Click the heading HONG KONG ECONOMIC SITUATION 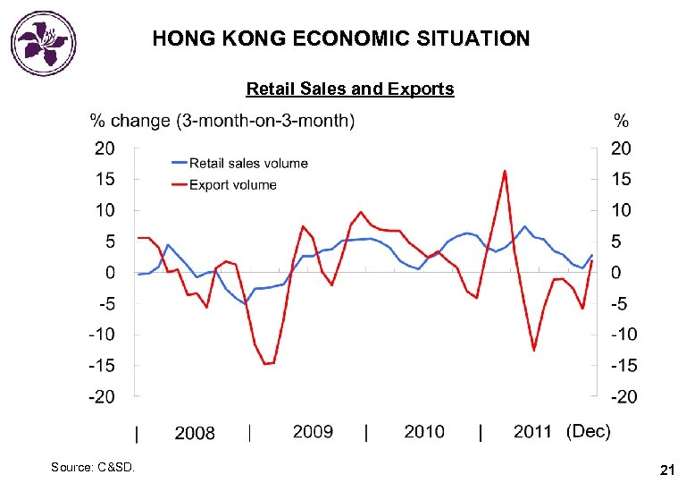(x=340, y=39)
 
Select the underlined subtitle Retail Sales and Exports (x=349, y=89)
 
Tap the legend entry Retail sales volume (x=247, y=163)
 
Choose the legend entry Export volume (x=232, y=184)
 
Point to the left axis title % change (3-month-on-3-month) (x=221, y=121)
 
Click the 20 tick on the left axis (x=105, y=148)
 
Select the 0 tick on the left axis (x=110, y=272)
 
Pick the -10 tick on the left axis (x=102, y=334)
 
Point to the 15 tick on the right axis (x=621, y=179)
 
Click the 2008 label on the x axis (x=195, y=433)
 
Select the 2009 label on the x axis (x=313, y=432)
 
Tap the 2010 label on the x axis (x=424, y=432)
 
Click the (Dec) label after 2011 (x=589, y=432)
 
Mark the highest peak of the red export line (x=505, y=171)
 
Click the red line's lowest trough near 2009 (x=266, y=363)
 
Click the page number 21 (x=665, y=469)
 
